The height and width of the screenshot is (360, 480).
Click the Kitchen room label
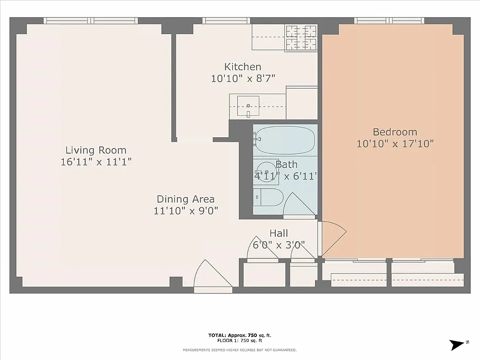(242, 67)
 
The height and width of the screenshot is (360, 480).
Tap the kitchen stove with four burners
(302, 37)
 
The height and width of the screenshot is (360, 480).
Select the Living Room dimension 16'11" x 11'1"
(96, 162)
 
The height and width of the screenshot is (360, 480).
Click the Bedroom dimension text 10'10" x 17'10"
(395, 144)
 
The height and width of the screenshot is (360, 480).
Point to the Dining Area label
(185, 199)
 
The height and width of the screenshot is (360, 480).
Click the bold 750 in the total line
(256, 335)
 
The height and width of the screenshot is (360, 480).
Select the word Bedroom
(395, 132)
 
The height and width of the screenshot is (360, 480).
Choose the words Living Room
(96, 150)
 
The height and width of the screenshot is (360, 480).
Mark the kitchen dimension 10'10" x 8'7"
(243, 78)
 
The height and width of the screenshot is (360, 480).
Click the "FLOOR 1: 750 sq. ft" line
(240, 341)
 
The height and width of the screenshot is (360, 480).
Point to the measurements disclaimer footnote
(239, 350)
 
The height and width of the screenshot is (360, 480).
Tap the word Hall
(279, 234)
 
